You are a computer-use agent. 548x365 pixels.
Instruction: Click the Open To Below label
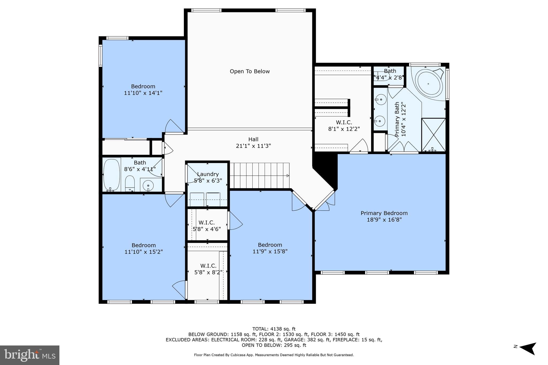click(250, 71)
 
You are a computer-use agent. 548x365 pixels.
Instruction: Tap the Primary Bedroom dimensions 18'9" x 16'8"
click(384, 220)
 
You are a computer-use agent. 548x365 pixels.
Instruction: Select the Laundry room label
click(208, 174)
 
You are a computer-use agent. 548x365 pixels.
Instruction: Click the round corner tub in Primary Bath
click(429, 84)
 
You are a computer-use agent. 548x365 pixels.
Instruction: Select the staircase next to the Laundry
click(259, 176)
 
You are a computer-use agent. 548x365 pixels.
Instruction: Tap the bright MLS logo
click(29, 355)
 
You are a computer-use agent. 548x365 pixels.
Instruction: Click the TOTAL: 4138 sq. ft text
click(274, 329)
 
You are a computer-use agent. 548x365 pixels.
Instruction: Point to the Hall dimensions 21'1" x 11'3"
click(253, 146)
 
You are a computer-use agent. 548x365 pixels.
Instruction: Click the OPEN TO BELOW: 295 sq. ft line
click(274, 345)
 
